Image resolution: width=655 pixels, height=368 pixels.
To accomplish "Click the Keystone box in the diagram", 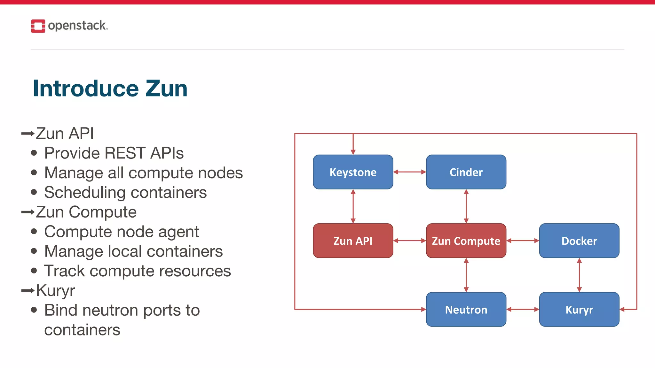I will pos(353,172).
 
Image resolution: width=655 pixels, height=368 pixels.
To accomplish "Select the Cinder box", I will pos(466,172).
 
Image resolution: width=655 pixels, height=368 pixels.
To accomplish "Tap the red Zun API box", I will pos(353,241).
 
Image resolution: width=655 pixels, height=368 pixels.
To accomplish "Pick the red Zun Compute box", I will pos(466,241).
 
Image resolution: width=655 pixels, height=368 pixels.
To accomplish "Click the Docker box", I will pos(579,241).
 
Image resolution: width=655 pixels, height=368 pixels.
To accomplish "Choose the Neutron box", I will pos(466,310).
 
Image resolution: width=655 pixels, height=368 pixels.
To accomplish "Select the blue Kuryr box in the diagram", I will pos(579,310).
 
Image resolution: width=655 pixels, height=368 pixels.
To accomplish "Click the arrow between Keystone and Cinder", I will pos(409,172).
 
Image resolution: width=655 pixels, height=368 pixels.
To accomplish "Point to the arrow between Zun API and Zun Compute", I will pos(409,241).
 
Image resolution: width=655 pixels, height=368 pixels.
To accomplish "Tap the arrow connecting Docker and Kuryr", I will pos(579,275).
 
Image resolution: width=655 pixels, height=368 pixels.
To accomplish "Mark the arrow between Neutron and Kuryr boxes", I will pos(523,309).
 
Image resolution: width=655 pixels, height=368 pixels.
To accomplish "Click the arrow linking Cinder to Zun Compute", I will pos(466,206).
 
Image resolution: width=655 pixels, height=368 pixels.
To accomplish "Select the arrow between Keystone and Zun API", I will pos(353,206).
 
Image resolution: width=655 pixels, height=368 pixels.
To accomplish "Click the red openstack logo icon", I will pos(38,26).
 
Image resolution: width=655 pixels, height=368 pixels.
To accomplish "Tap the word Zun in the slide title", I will pos(166,88).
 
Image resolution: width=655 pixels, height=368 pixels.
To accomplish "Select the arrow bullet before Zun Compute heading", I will pos(28,212).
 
